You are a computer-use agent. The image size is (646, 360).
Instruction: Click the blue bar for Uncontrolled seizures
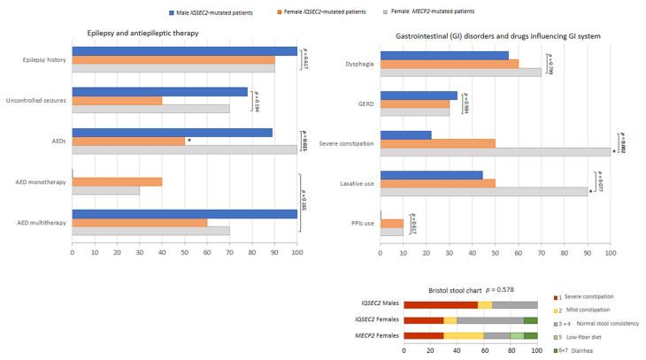click(x=159, y=91)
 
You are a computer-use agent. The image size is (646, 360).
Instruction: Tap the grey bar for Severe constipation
click(x=495, y=151)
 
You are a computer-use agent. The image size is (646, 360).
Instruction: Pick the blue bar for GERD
click(x=419, y=96)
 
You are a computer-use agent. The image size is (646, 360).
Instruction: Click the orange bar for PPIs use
click(x=391, y=224)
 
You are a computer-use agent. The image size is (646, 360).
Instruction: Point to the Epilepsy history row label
click(x=40, y=61)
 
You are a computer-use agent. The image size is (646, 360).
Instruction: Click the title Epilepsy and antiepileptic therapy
click(x=142, y=33)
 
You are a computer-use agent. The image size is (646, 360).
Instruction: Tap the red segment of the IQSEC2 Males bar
click(x=441, y=304)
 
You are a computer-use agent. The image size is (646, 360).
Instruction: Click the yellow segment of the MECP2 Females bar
click(x=464, y=336)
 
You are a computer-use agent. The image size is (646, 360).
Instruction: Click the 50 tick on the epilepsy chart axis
click(x=184, y=253)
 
